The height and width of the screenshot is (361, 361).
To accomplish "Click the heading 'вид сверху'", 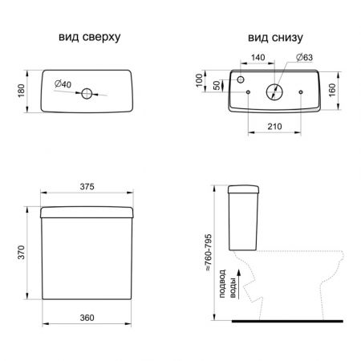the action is click(x=90, y=38).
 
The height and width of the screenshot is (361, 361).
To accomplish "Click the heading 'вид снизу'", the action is click(x=275, y=38).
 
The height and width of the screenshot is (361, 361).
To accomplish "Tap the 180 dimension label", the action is click(x=21, y=91).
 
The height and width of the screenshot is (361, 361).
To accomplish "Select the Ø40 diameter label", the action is click(x=63, y=84).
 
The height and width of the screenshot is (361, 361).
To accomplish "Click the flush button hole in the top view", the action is click(x=87, y=94).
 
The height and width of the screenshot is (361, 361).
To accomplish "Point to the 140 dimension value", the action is click(x=258, y=57).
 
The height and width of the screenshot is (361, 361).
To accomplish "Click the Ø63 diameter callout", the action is click(x=305, y=57).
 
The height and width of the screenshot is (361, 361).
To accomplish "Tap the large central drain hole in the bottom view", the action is click(x=274, y=92).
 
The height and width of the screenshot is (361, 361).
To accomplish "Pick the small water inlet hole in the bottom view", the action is click(x=241, y=79).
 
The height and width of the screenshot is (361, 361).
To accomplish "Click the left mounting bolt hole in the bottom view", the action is click(x=248, y=92).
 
